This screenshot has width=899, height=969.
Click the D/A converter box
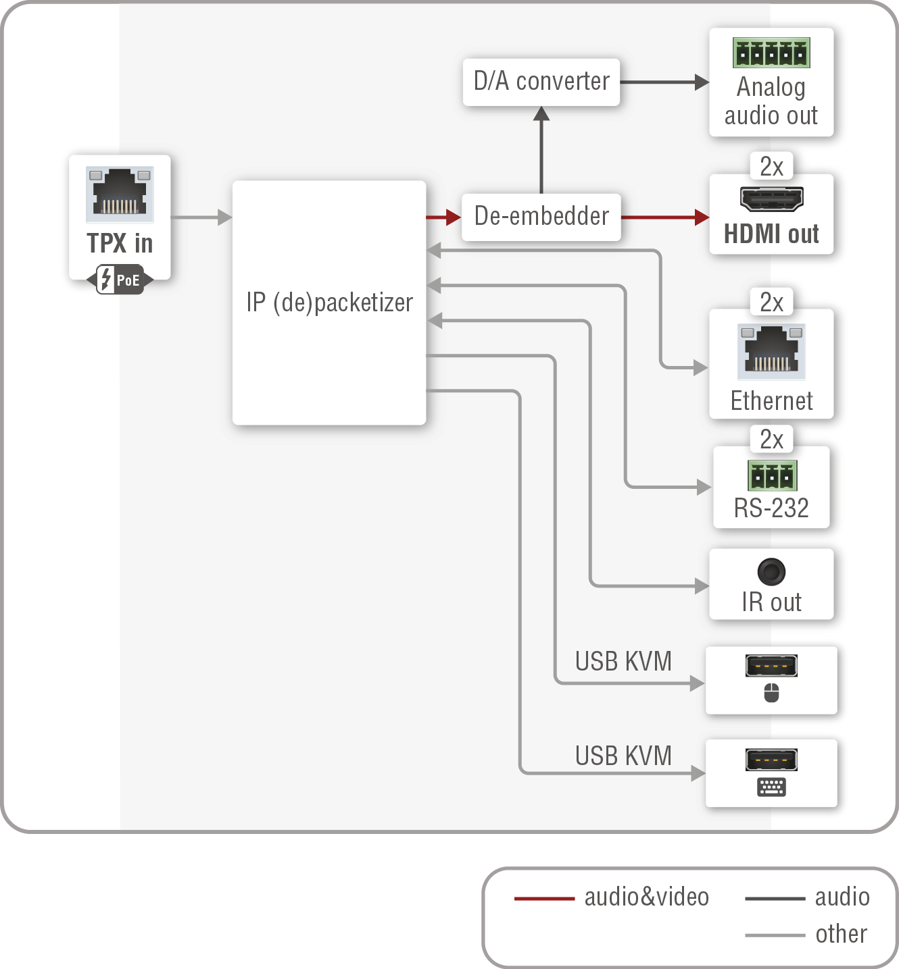pyautogui.click(x=541, y=82)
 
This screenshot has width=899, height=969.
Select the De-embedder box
pyautogui.click(x=541, y=217)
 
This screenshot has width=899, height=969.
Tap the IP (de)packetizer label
pyautogui.click(x=329, y=303)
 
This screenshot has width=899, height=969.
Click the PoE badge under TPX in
pyautogui.click(x=120, y=280)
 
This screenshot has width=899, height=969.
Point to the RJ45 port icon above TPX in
pyautogui.click(x=120, y=194)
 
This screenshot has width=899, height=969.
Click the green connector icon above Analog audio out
pyautogui.click(x=771, y=53)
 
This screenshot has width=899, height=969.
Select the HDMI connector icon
pyautogui.click(x=771, y=199)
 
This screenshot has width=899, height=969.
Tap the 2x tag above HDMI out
pyautogui.click(x=771, y=167)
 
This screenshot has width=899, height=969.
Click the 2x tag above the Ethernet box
pyautogui.click(x=771, y=303)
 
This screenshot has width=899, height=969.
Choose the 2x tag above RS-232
pyautogui.click(x=771, y=440)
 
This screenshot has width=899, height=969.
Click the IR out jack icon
pyautogui.click(x=771, y=572)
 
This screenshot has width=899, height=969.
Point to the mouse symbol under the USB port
pyautogui.click(x=771, y=693)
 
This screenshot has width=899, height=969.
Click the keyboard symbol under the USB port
pyautogui.click(x=771, y=787)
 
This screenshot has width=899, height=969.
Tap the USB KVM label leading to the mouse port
pyautogui.click(x=623, y=662)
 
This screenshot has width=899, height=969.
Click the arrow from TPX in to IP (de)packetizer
pyautogui.click(x=201, y=217)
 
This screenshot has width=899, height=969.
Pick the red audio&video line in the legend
pyautogui.click(x=544, y=899)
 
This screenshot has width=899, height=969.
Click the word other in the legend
pyautogui.click(x=841, y=935)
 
